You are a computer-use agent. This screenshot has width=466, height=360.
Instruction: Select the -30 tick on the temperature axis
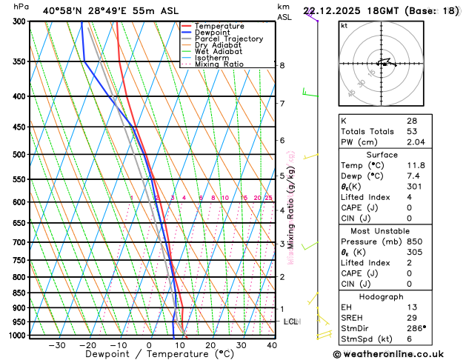click(56, 345)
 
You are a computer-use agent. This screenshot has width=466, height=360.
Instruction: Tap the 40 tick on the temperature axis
click(271, 345)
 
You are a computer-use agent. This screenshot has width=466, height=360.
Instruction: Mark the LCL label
click(290, 321)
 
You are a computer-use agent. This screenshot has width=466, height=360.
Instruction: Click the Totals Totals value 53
click(411, 131)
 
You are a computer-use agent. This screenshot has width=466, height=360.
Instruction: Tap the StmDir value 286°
click(416, 328)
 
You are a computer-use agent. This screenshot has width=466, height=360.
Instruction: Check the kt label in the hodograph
click(344, 25)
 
